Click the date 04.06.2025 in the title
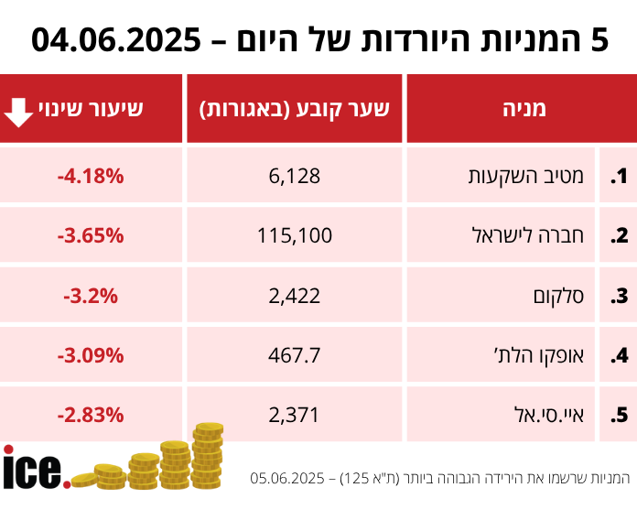pos(115,40)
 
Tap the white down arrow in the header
pos(19,110)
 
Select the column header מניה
pos(524,109)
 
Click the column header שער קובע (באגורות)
pos(295,109)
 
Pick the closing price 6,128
pos(295,175)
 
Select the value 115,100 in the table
pos(295,235)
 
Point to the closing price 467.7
pos(295,354)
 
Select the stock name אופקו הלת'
pos(547,354)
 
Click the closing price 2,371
pos(295,415)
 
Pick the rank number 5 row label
pos(619,415)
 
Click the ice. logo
pos(35,469)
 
